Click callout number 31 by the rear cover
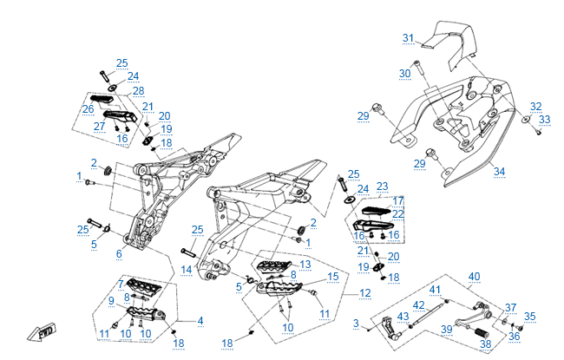[x=409, y=37]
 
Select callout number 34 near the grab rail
[x=498, y=171]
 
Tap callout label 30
[x=404, y=74]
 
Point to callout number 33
[x=544, y=120]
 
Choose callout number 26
[x=88, y=109]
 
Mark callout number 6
[x=119, y=253]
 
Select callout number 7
[x=120, y=285]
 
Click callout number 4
[x=200, y=321]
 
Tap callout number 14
[x=186, y=270]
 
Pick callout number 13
[x=305, y=264]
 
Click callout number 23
[x=382, y=186]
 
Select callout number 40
[x=474, y=277]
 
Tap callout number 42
[x=418, y=305]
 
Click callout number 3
[x=356, y=324]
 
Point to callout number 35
[x=529, y=317]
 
